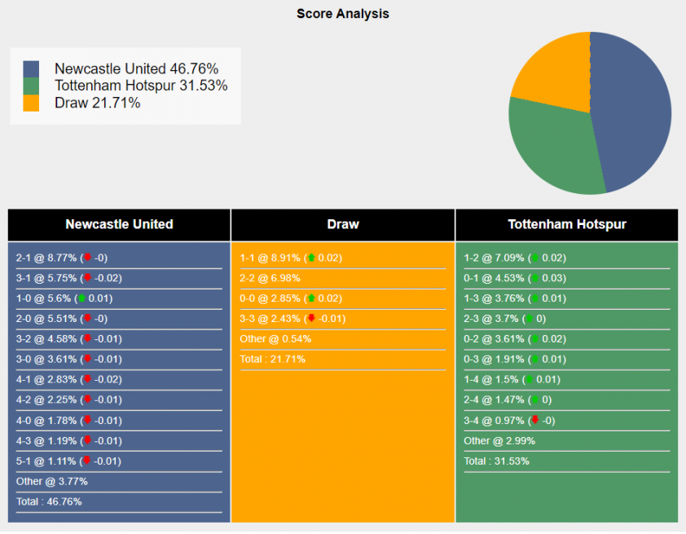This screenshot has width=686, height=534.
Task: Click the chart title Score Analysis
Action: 342,14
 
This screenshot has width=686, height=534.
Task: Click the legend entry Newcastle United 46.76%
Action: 136,69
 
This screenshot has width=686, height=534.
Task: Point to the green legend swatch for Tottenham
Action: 31,86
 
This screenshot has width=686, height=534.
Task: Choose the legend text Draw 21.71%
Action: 97,103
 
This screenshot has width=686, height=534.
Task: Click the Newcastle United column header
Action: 119,224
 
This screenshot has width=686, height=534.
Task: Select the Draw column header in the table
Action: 343,224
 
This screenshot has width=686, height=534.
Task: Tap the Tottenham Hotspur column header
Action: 567,224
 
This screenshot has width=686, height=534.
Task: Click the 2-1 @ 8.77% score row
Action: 46,258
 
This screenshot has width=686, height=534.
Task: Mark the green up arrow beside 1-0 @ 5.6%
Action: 81,298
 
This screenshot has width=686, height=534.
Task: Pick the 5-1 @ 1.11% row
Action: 46,461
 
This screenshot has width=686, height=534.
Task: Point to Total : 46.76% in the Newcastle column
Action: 49,501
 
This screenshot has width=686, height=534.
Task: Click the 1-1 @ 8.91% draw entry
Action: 270,258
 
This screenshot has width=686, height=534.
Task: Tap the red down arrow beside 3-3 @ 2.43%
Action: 310,318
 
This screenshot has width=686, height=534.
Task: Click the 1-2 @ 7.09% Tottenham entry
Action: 495,258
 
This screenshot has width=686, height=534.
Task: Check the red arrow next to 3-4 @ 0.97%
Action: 534,420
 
